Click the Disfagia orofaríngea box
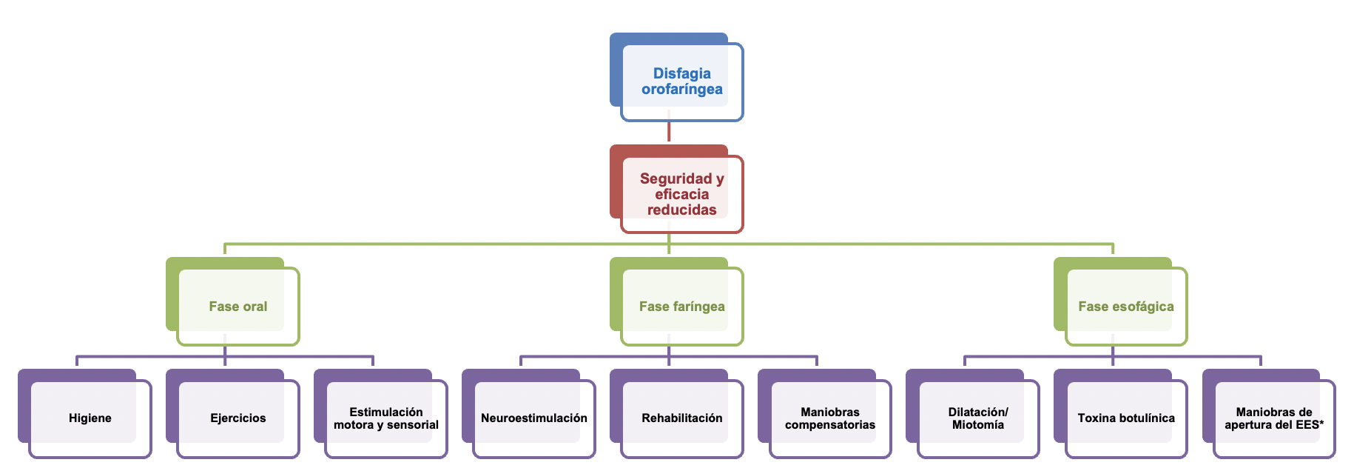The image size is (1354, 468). coord(681,81)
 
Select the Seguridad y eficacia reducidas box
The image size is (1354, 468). coord(681,194)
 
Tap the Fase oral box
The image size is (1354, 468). coord(238,307)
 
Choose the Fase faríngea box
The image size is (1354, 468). coord(681,307)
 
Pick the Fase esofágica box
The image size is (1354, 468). coord(1125,307)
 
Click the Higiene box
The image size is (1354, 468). coord(90,418)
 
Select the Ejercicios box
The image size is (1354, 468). coord(238,418)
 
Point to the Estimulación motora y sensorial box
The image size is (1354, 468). coord(385,418)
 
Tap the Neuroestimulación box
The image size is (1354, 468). coord(533,418)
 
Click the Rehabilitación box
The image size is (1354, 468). coord(681,418)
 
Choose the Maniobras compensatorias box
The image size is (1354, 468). coord(829,418)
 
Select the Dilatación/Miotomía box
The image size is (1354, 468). coord(977,418)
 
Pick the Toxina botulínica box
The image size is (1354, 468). coord(1125,418)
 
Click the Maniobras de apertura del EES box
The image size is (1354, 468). coord(1273,418)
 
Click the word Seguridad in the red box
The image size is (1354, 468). coord(676,178)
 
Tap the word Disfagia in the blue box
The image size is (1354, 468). coord(681,73)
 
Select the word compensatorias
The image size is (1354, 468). coord(829,425)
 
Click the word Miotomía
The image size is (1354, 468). coord(977,425)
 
